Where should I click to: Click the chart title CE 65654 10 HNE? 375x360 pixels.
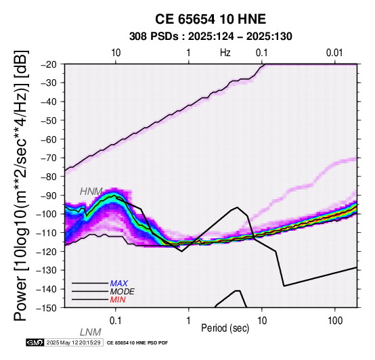(x=211, y=19)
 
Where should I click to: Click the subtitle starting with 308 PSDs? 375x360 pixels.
(x=211, y=37)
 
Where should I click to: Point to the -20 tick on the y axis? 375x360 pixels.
(x=49, y=64)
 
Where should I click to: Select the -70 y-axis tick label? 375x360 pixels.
(x=49, y=158)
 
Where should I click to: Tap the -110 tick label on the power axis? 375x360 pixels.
(x=47, y=233)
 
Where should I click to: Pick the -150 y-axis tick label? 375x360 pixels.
(x=47, y=308)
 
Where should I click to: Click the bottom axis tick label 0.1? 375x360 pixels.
(x=116, y=321)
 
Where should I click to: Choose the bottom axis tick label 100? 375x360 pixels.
(x=335, y=321)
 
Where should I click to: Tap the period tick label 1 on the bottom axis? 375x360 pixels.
(x=189, y=321)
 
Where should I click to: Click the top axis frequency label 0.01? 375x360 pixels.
(x=334, y=53)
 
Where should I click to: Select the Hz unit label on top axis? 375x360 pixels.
(x=225, y=53)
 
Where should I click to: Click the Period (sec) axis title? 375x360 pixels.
(x=225, y=328)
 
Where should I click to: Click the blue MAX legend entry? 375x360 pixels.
(x=119, y=284)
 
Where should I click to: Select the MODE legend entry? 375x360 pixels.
(x=123, y=292)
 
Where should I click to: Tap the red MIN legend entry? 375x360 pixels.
(x=118, y=300)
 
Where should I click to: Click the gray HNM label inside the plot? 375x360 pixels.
(x=91, y=192)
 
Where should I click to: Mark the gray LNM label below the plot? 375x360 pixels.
(x=91, y=332)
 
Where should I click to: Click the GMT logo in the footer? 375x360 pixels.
(x=35, y=343)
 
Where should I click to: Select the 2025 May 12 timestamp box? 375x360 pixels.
(x=74, y=343)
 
